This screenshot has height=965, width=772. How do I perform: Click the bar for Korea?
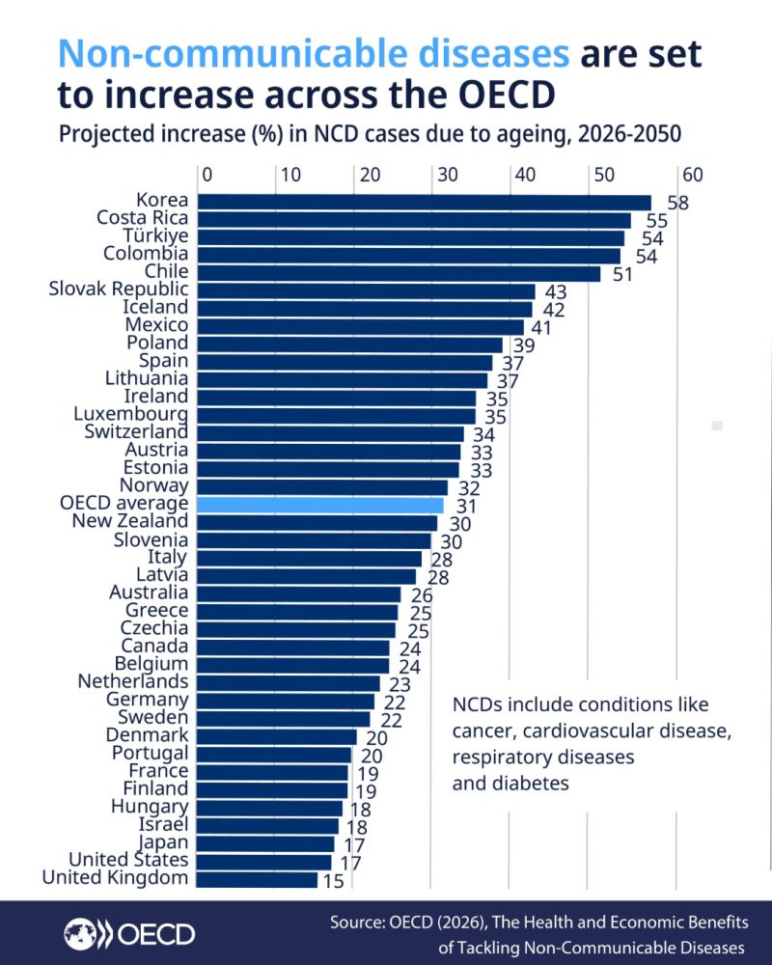425,202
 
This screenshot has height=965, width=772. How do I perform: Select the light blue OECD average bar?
320,504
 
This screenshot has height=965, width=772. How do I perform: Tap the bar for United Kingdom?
258,879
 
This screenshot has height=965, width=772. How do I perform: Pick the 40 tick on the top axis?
524,175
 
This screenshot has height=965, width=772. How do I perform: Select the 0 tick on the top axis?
206,175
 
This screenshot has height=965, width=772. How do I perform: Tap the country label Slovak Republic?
119,289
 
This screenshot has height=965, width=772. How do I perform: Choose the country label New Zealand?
130,521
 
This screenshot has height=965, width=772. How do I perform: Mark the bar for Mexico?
361,326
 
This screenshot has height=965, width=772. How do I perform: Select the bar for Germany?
287,701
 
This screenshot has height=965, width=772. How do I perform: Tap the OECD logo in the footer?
129,933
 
